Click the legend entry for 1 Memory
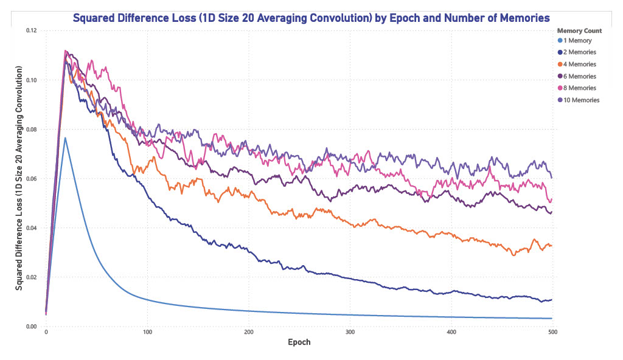pyautogui.click(x=577, y=41)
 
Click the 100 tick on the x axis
pyautogui.click(x=147, y=332)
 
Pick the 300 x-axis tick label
pyautogui.click(x=350, y=332)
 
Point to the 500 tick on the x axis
pyautogui.click(x=552, y=332)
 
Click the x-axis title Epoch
pyautogui.click(x=299, y=342)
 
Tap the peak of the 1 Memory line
pyautogui.click(x=65, y=138)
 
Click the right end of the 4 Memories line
pyautogui.click(x=551, y=246)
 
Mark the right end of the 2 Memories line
pyautogui.click(x=551, y=300)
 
